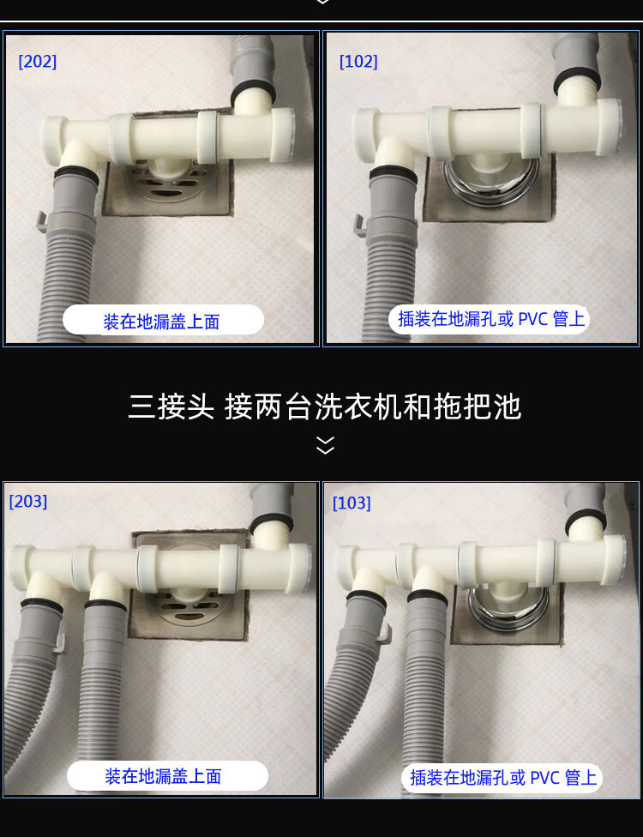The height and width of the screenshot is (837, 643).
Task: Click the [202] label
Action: click(x=38, y=62)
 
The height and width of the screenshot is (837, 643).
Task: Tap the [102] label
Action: click(x=358, y=62)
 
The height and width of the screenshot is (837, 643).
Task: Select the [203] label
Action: click(x=28, y=502)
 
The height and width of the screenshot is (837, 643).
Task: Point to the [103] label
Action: click(x=352, y=503)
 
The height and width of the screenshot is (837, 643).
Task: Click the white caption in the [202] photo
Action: click(x=162, y=322)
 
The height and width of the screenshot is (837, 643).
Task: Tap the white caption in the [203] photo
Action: click(x=164, y=776)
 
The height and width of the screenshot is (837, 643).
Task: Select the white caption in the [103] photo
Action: click(x=502, y=778)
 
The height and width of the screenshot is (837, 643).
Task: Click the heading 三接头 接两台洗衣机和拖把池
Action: click(x=325, y=406)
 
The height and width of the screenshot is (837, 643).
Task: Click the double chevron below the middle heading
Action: click(x=325, y=445)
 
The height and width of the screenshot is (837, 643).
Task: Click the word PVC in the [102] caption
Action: click(x=532, y=320)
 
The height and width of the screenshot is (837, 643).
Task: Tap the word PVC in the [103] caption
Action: click(x=544, y=778)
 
